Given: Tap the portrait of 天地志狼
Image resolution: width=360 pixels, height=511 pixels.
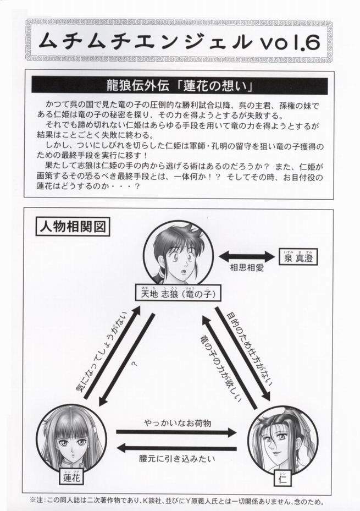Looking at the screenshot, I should pyautogui.click(x=175, y=254).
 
